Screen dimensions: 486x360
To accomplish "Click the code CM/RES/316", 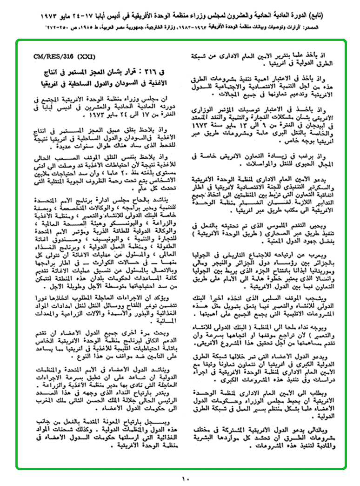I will (x=51, y=57).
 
